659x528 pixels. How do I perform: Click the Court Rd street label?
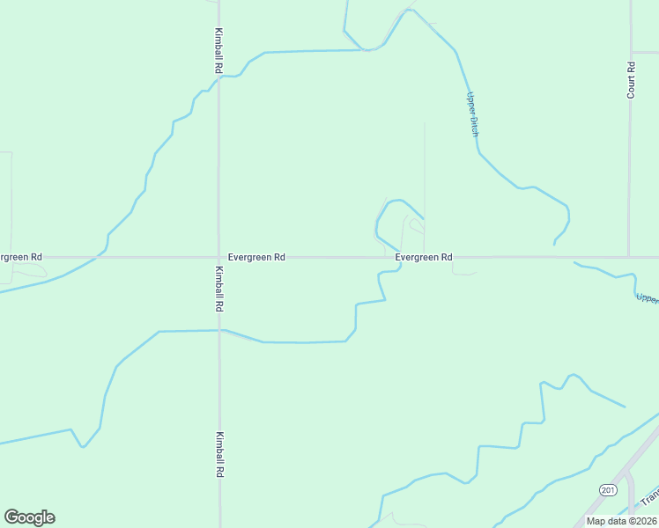(x=631, y=79)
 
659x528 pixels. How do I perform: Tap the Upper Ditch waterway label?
(x=472, y=114)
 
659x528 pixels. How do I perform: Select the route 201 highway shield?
(x=608, y=488)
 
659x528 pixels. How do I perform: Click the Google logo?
(x=29, y=517)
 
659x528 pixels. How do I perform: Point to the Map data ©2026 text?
(x=621, y=521)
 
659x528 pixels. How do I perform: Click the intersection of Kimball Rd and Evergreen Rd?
(x=218, y=258)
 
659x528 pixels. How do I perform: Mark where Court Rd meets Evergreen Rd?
(x=629, y=258)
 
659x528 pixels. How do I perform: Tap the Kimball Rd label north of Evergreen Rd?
(x=218, y=50)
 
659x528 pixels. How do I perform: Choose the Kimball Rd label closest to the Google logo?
(x=218, y=454)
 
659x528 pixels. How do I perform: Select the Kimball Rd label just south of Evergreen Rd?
(x=218, y=290)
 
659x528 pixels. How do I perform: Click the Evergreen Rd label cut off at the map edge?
(x=19, y=257)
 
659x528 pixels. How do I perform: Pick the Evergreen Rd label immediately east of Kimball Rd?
(x=256, y=257)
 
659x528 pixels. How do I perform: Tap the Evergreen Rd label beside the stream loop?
(x=424, y=257)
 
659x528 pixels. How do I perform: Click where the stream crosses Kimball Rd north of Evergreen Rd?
(x=218, y=77)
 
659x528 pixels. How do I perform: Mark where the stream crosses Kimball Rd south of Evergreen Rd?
(x=218, y=331)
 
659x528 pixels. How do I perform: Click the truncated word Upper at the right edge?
(x=647, y=298)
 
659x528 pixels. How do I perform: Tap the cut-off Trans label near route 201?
(x=648, y=499)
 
